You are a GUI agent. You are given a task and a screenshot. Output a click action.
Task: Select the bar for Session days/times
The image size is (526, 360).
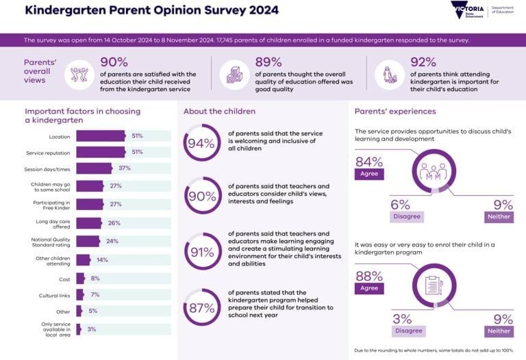(x=94, y=168)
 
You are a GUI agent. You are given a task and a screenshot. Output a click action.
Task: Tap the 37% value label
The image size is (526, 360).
(x=124, y=168)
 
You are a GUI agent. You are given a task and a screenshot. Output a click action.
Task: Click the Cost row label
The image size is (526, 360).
(x=60, y=279)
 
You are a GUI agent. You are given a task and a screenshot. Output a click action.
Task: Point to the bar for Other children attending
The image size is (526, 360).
(x=83, y=260)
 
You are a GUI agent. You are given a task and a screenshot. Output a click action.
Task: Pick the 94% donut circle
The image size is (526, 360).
(x=201, y=142)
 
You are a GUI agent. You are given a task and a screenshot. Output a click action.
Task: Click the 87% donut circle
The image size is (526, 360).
(x=201, y=307)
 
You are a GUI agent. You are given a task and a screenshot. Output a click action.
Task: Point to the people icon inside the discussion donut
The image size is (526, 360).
(x=432, y=171)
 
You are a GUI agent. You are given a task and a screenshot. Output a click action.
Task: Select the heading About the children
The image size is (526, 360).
(x=219, y=112)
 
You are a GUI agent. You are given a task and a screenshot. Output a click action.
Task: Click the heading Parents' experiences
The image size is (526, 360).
(x=394, y=112)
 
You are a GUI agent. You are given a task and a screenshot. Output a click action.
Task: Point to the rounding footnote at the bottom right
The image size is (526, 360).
(x=434, y=350)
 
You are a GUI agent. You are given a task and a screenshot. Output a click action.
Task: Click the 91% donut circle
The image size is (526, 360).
(x=201, y=252)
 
